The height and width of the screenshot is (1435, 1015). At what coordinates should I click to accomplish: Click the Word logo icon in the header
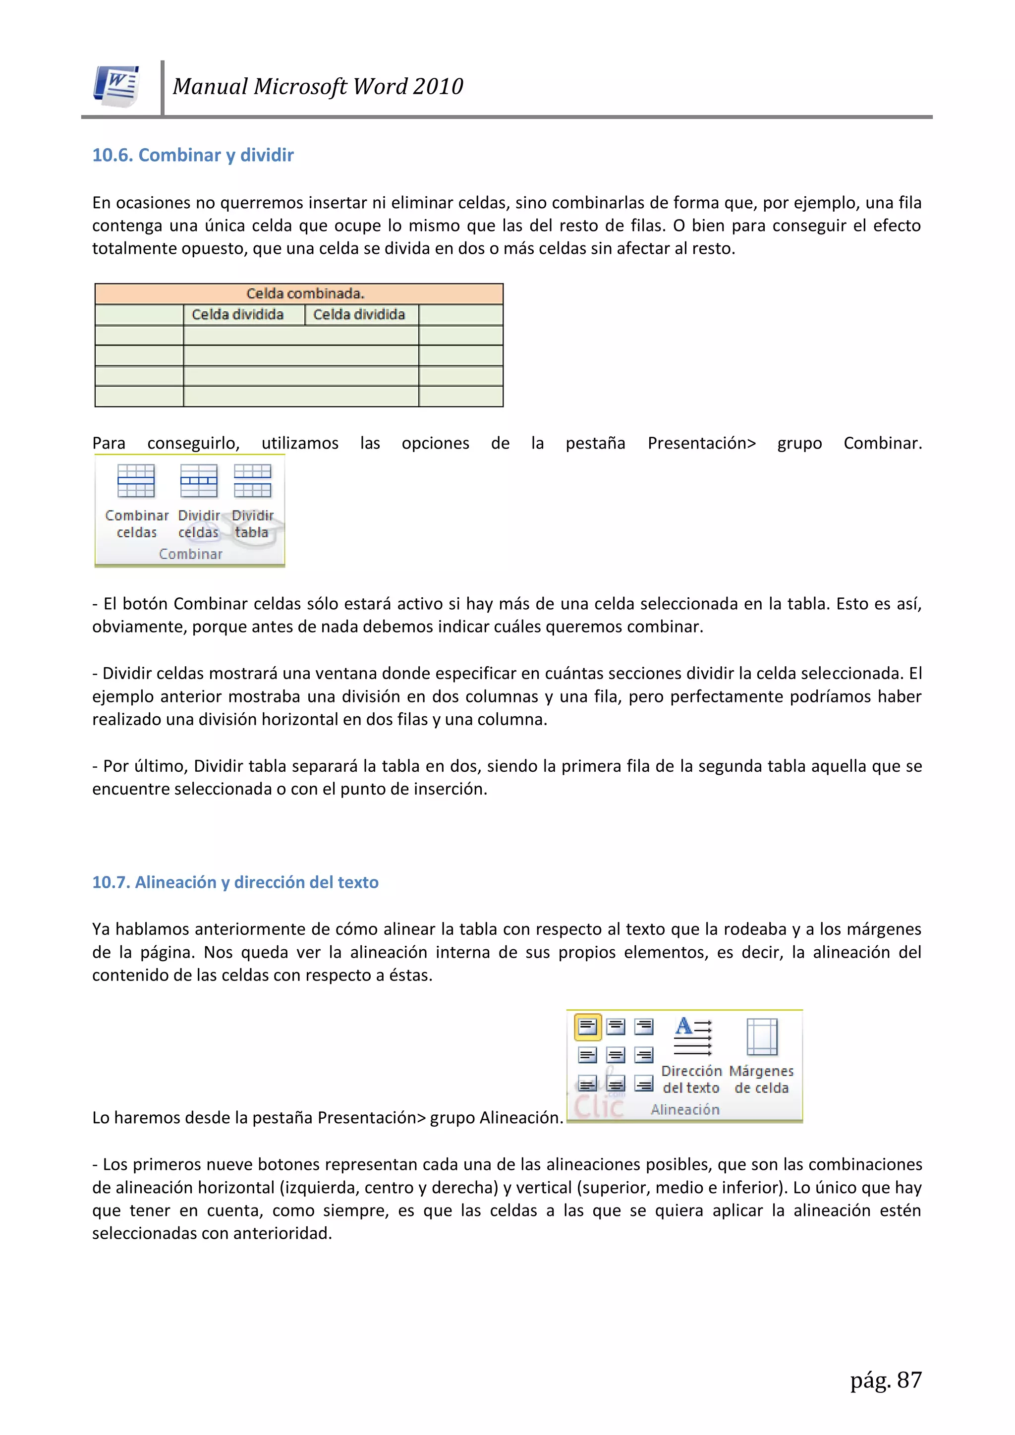pos(116,86)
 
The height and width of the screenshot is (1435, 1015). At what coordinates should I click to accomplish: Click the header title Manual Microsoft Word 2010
pos(318,86)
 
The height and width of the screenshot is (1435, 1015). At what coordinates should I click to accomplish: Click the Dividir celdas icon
pos(199,481)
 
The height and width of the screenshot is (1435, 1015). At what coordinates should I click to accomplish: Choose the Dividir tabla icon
pos(252,481)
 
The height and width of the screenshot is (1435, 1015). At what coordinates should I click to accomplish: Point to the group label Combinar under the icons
pos(191,554)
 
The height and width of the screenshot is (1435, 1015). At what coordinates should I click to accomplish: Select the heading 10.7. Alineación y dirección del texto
pos(235,882)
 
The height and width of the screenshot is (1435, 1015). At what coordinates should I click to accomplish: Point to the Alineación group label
pos(685,1109)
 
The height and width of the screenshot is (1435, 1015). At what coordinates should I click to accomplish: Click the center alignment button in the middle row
pos(616,1056)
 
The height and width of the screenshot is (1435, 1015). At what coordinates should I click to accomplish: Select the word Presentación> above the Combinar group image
pos(701,443)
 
